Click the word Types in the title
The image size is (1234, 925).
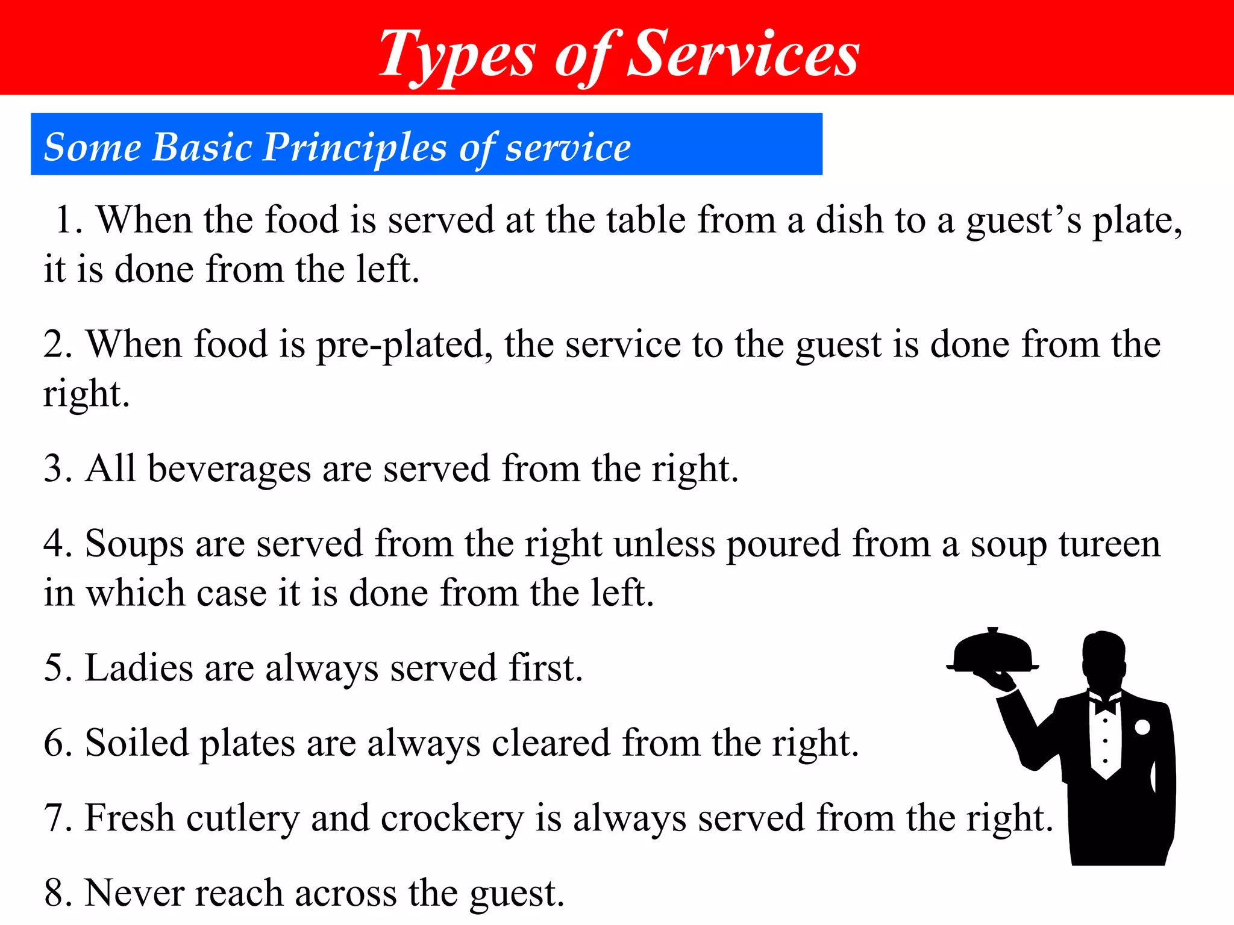(457, 55)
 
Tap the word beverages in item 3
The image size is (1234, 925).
(229, 469)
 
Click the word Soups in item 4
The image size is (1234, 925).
(134, 544)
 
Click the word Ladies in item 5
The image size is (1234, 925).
(139, 668)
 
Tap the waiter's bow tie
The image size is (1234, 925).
(1105, 703)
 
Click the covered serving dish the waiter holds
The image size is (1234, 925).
(992, 652)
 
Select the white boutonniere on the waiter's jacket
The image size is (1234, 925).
(1142, 727)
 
